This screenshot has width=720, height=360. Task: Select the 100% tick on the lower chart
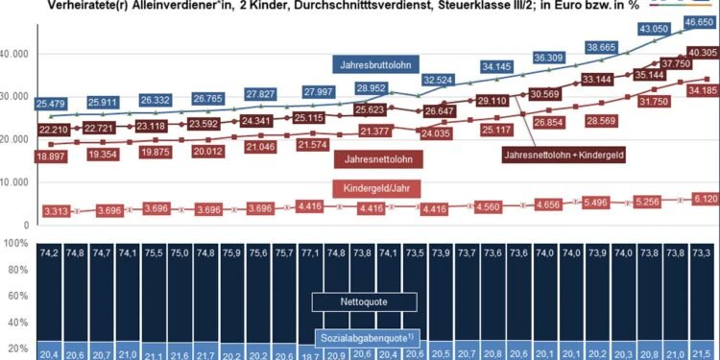tap(16, 244)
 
